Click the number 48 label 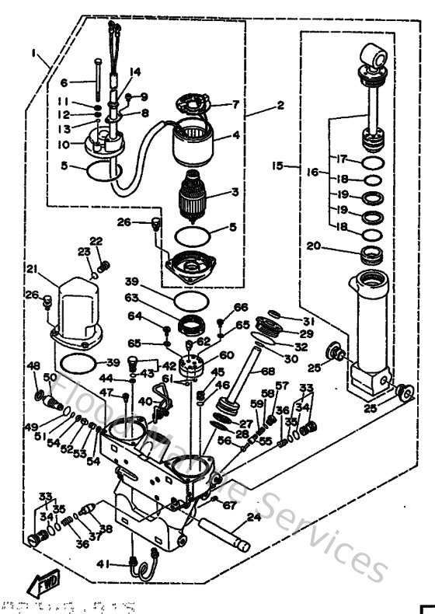[33, 365]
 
